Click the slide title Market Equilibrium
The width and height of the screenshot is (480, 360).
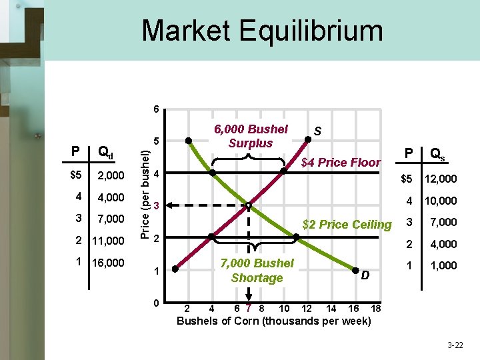click(262, 31)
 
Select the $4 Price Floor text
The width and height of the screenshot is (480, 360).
click(341, 162)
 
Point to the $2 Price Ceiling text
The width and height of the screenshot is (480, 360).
click(347, 225)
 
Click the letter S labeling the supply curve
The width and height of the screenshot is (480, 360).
click(318, 133)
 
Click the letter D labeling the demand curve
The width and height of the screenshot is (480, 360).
click(364, 274)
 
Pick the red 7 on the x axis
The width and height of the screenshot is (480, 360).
click(249, 308)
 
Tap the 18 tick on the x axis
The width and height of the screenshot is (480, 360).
click(375, 308)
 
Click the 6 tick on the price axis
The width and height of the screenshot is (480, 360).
click(155, 109)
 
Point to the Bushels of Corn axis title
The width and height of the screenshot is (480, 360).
click(274, 321)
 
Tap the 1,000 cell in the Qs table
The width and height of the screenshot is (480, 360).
click(443, 265)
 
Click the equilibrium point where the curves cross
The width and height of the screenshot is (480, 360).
click(248, 205)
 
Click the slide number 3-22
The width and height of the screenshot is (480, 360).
click(456, 345)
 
